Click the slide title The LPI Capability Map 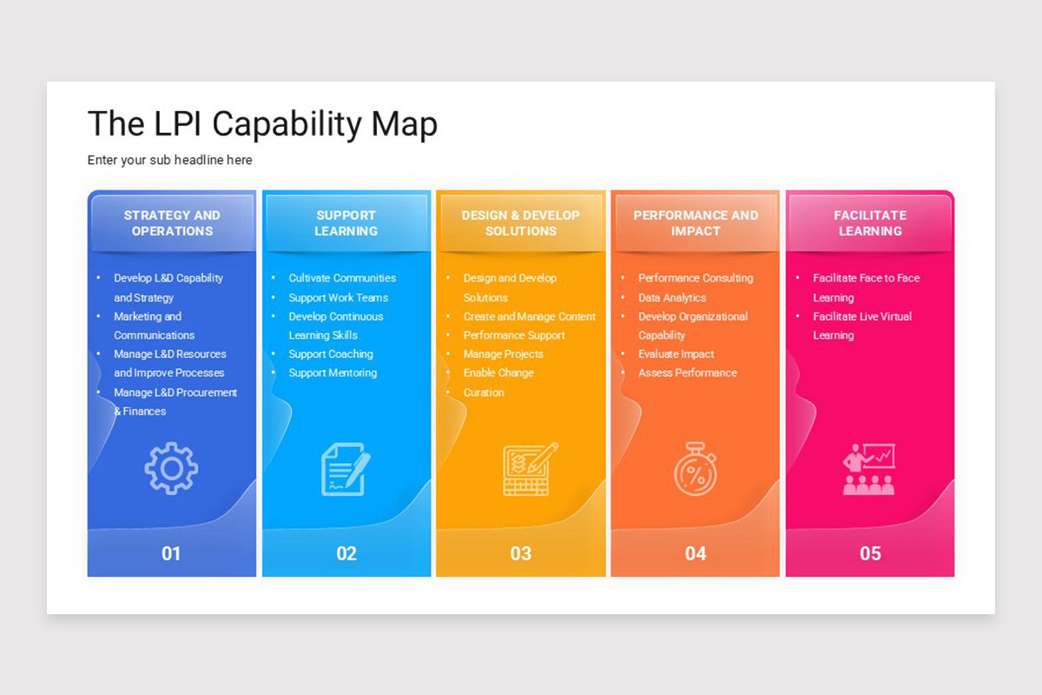click(262, 124)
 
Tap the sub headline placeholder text click(170, 160)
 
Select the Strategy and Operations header click(172, 223)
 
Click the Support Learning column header click(346, 223)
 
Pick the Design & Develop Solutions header click(521, 223)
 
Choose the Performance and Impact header click(696, 223)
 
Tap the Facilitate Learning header click(870, 223)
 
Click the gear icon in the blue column click(171, 469)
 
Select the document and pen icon click(346, 469)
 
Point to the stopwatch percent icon click(695, 470)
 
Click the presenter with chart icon click(868, 469)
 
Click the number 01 click(171, 553)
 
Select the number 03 click(521, 553)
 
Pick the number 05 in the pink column click(870, 553)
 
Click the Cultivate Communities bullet click(342, 278)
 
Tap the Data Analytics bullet click(672, 297)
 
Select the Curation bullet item click(484, 393)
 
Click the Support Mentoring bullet click(333, 373)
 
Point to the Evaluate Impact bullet click(676, 354)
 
